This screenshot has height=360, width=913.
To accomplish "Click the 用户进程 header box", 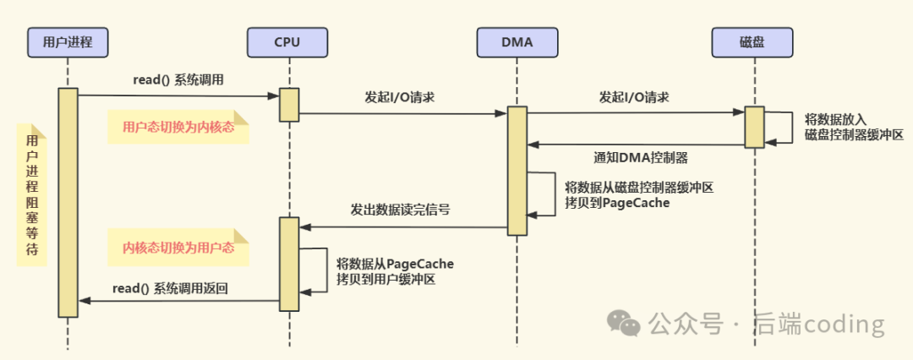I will coord(67,40).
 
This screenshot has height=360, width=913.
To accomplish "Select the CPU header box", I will coord(287,40).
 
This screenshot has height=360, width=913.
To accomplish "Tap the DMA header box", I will coord(517,40).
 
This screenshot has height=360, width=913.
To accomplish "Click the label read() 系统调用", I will coord(178,79).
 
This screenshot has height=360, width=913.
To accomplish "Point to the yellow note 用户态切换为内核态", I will coord(178,127).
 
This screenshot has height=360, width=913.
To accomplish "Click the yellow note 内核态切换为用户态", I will coord(178,248).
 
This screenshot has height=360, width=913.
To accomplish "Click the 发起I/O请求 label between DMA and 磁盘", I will coord(634,97).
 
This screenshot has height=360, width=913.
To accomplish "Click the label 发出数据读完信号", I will coord(400,210).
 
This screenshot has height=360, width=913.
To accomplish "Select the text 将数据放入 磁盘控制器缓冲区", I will coord(854,127).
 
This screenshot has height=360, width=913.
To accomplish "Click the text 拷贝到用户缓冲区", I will coord(385,278).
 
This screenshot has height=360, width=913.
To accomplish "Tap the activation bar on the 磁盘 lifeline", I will coord(754,127).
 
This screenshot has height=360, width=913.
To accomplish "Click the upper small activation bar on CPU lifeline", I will coord(289,105).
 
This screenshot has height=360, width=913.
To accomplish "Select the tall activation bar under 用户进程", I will coord(68,203).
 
